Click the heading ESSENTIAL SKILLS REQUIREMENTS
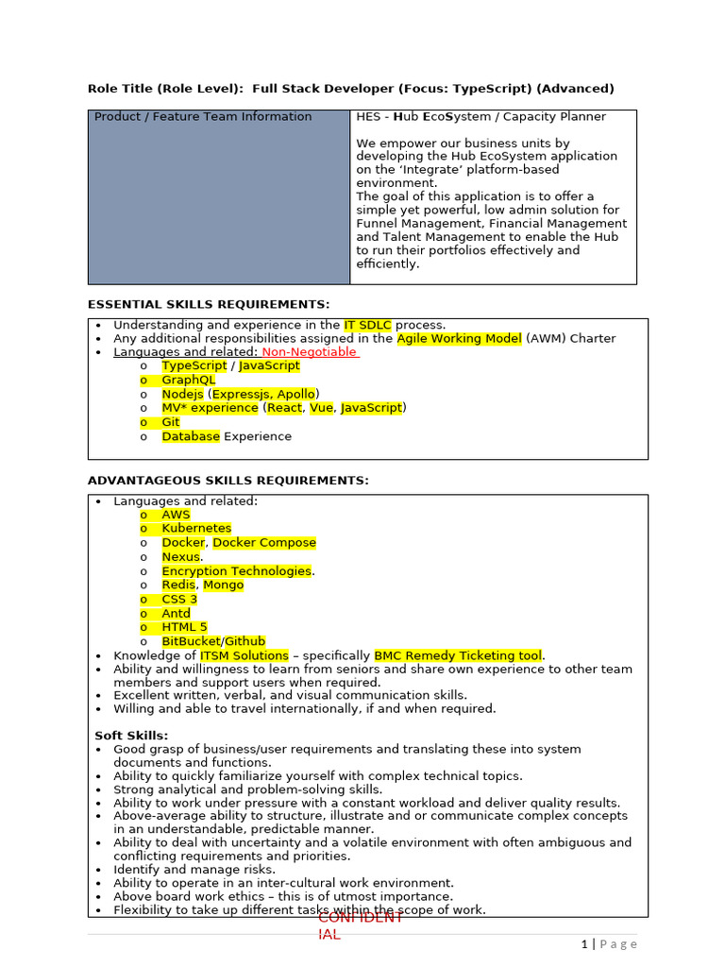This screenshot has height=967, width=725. pyautogui.click(x=209, y=304)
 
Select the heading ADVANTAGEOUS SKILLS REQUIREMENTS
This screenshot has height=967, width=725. pyautogui.click(x=228, y=481)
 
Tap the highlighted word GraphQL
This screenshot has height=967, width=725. pyautogui.click(x=188, y=380)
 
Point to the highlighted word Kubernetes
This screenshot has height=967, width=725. pyautogui.click(x=196, y=529)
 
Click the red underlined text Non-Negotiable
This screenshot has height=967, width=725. pyautogui.click(x=310, y=352)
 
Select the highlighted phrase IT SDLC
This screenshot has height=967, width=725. pyautogui.click(x=367, y=325)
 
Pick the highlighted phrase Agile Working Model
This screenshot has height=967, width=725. pyautogui.click(x=459, y=338)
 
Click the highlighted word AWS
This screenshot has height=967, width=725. pyautogui.click(x=176, y=515)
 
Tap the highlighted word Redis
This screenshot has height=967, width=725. pyautogui.click(x=178, y=585)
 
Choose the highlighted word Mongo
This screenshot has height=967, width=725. pyautogui.click(x=224, y=585)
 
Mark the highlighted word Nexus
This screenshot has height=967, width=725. pyautogui.click(x=180, y=557)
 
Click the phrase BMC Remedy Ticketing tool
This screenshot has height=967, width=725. pyautogui.click(x=458, y=655)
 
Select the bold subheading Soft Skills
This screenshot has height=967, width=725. pyautogui.click(x=131, y=736)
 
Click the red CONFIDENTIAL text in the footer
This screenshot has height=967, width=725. pyautogui.click(x=360, y=925)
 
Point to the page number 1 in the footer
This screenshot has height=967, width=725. pyautogui.click(x=584, y=943)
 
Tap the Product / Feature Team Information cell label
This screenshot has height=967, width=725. pyautogui.click(x=203, y=117)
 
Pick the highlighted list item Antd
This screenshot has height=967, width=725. pyautogui.click(x=176, y=614)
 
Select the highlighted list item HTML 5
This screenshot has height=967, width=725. pyautogui.click(x=184, y=627)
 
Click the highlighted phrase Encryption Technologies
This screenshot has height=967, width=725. pyautogui.click(x=236, y=571)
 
